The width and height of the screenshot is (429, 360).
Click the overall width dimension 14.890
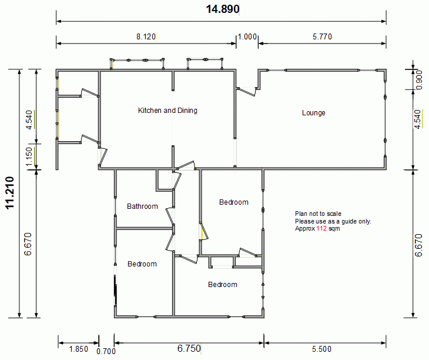(223, 9)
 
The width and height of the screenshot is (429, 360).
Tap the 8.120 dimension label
(146, 36)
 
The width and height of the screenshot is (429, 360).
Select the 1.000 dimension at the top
(247, 36)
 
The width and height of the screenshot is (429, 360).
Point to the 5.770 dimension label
(322, 36)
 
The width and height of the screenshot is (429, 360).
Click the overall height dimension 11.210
(10, 193)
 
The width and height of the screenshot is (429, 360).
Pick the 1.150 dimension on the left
(29, 156)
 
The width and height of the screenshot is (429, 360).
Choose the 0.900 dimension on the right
(419, 80)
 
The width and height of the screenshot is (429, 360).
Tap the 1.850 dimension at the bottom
(79, 349)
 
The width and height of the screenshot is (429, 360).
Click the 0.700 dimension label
(106, 351)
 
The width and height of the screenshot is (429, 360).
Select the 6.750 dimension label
(189, 348)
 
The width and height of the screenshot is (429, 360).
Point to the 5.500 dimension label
(321, 349)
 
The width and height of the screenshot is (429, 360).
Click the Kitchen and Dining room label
(167, 111)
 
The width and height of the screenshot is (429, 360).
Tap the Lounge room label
(314, 113)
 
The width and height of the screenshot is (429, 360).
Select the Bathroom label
(142, 206)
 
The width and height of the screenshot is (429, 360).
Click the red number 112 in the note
(321, 228)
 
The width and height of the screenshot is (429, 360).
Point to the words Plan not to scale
(318, 214)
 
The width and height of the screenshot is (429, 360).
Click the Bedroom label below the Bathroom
(142, 264)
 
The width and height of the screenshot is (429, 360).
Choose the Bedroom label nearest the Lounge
(234, 202)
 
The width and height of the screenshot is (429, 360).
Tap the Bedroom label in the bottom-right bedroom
(223, 285)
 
